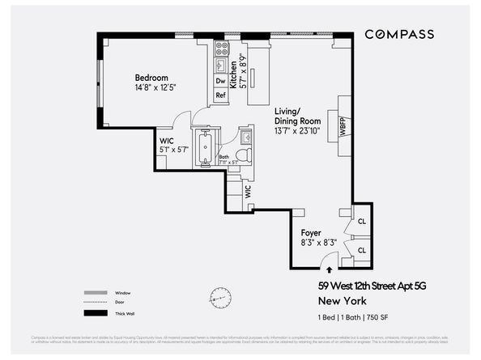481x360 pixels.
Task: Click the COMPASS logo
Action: (398, 34)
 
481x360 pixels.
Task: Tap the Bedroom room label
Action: (151, 78)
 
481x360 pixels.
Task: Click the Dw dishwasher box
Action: (220, 81)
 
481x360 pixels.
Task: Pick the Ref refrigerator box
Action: (220, 95)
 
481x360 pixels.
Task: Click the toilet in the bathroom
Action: (248, 154)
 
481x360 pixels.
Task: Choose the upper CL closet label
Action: (362, 220)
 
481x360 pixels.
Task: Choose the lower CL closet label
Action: (362, 250)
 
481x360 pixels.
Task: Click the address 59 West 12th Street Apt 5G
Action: (367, 286)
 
